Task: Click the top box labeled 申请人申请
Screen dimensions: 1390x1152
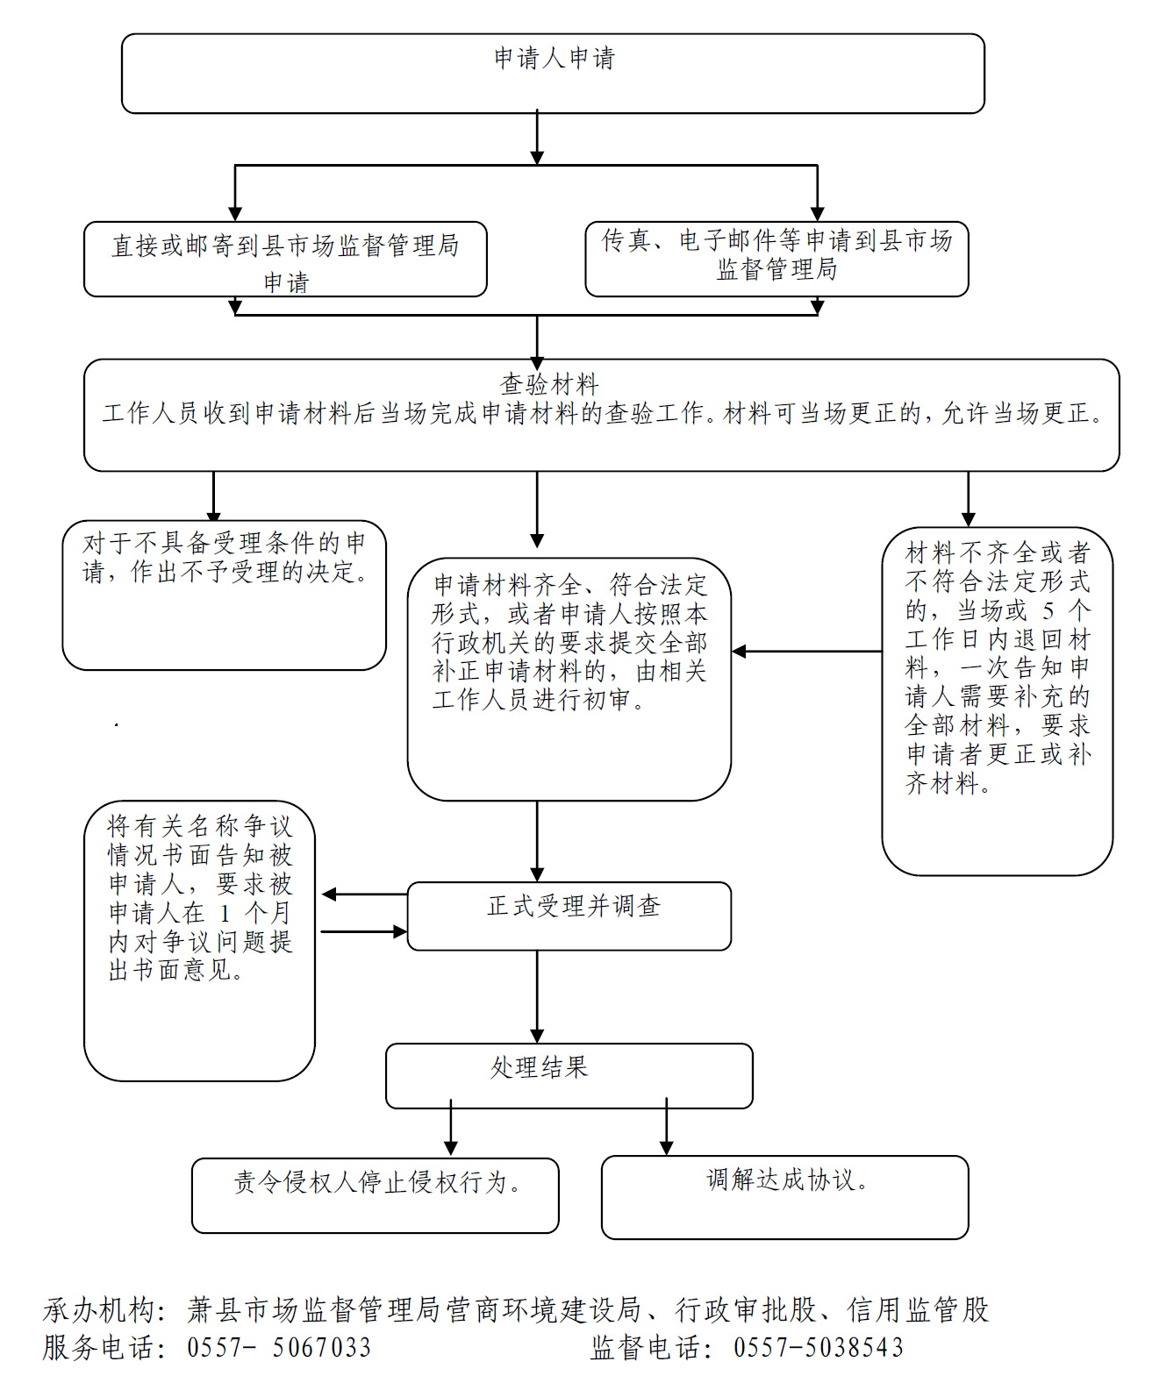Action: coord(553,73)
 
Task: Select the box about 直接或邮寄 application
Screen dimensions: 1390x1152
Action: coord(285,260)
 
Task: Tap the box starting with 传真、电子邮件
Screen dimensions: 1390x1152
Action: coord(776,258)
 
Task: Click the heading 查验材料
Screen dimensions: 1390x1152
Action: coord(550,383)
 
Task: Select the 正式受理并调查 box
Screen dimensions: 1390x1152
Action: coord(569,915)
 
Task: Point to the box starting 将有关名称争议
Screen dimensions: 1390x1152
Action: coord(199,939)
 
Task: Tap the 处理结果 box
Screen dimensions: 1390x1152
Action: coord(569,1074)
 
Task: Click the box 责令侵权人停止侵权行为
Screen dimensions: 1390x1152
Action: coord(375,1194)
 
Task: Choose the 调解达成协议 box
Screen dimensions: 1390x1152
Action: coord(784,1196)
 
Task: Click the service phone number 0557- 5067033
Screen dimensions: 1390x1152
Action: coord(279,1348)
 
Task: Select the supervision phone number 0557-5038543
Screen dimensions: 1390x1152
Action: coord(818,1348)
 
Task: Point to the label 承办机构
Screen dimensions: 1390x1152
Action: coord(104,1310)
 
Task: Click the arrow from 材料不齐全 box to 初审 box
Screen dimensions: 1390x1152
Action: coord(807,652)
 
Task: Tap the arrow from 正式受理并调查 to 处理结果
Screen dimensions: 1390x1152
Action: coord(537,996)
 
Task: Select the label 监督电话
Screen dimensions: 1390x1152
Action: coord(650,1348)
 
